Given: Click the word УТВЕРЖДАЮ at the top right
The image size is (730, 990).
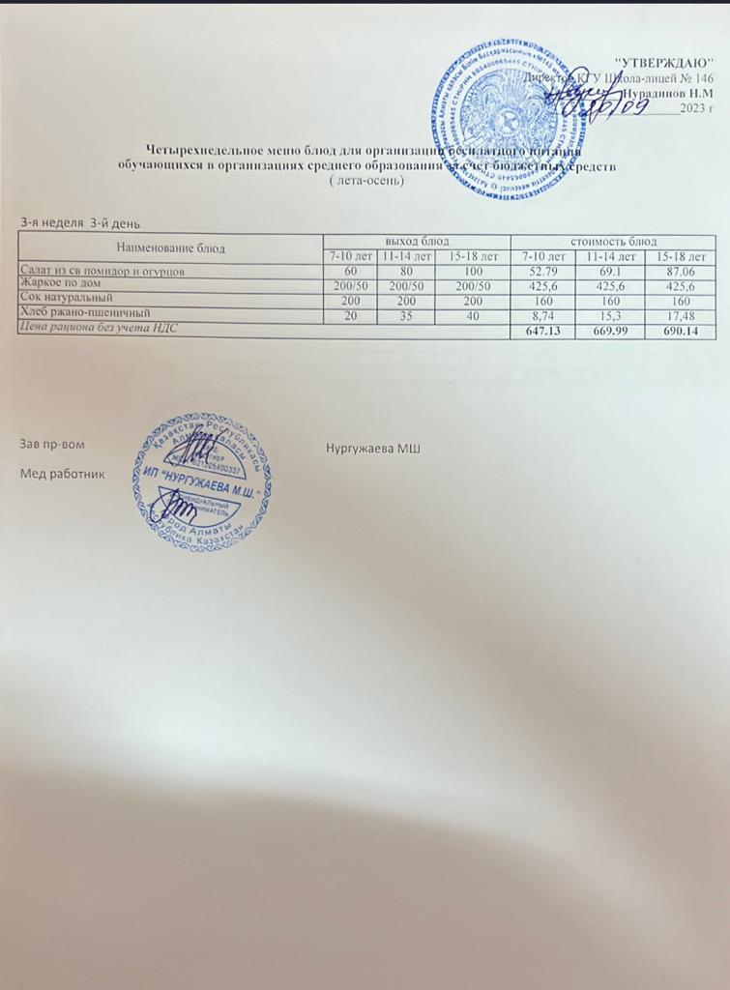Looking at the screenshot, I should click(671, 63).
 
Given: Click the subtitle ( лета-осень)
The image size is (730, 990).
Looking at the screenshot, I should click(365, 181).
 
